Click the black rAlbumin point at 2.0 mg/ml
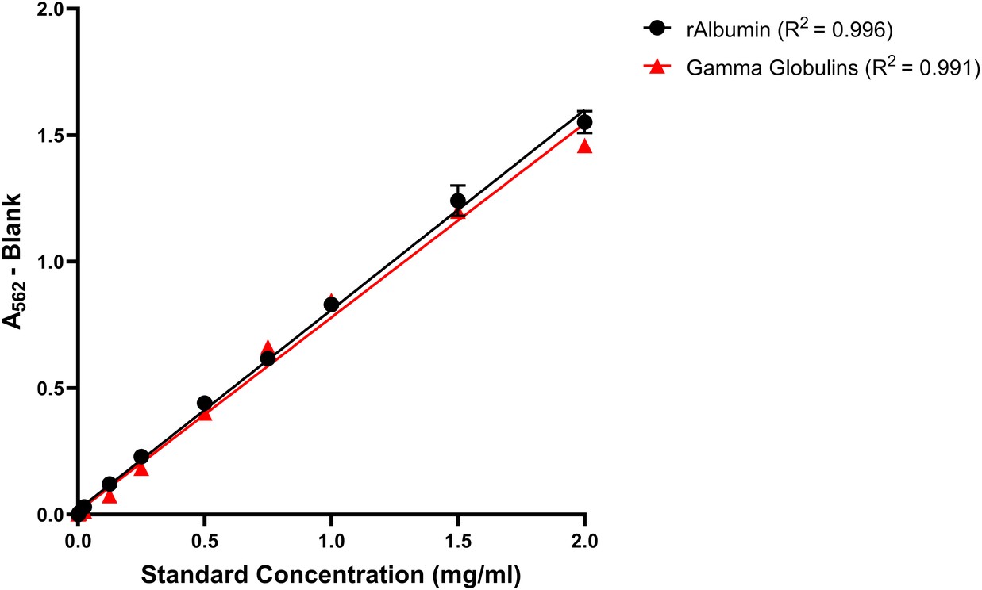coord(584,122)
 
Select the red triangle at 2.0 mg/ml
coord(584,146)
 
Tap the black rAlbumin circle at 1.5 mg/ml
coord(457,201)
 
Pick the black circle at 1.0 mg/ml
coord(331,305)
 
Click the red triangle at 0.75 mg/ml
coord(268,348)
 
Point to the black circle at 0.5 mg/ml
coord(204,403)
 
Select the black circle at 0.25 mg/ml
coord(141,457)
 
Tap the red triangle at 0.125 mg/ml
coord(110,496)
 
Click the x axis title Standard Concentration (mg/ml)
coord(331,574)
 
